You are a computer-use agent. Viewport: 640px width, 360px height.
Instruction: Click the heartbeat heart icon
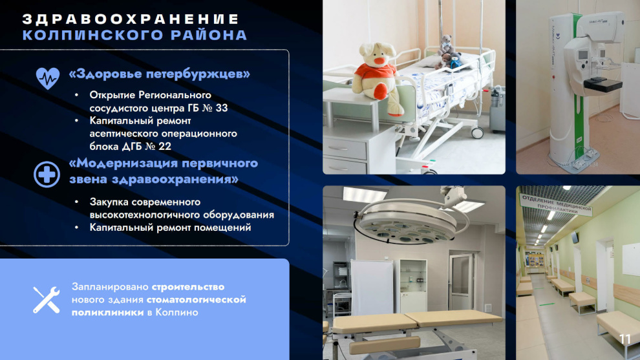(48, 78)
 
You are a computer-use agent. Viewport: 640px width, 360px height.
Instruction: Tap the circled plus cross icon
(47, 175)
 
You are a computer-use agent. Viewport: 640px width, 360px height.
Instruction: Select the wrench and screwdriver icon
(47, 300)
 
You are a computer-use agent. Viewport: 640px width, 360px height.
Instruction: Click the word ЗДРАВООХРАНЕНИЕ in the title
(131, 19)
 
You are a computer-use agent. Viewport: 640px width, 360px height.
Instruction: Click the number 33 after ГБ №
(222, 108)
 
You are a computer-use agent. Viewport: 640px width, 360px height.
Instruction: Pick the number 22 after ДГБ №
(164, 146)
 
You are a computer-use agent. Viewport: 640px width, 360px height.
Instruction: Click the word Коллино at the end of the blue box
(176, 312)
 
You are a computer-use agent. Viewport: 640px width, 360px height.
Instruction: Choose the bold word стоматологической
(196, 300)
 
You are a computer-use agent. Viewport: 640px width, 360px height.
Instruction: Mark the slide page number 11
(625, 339)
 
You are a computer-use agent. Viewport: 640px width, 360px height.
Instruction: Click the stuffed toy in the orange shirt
(376, 78)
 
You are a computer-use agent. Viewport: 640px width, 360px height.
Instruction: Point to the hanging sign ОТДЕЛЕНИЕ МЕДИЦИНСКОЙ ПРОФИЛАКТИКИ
(557, 204)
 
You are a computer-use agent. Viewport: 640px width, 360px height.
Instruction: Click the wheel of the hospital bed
(477, 132)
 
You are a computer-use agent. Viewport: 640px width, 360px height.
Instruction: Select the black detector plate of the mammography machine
(603, 84)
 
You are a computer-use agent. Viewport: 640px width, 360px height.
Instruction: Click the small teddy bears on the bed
(449, 53)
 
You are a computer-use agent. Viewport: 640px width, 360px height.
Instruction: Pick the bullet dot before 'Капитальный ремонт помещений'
(76, 228)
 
